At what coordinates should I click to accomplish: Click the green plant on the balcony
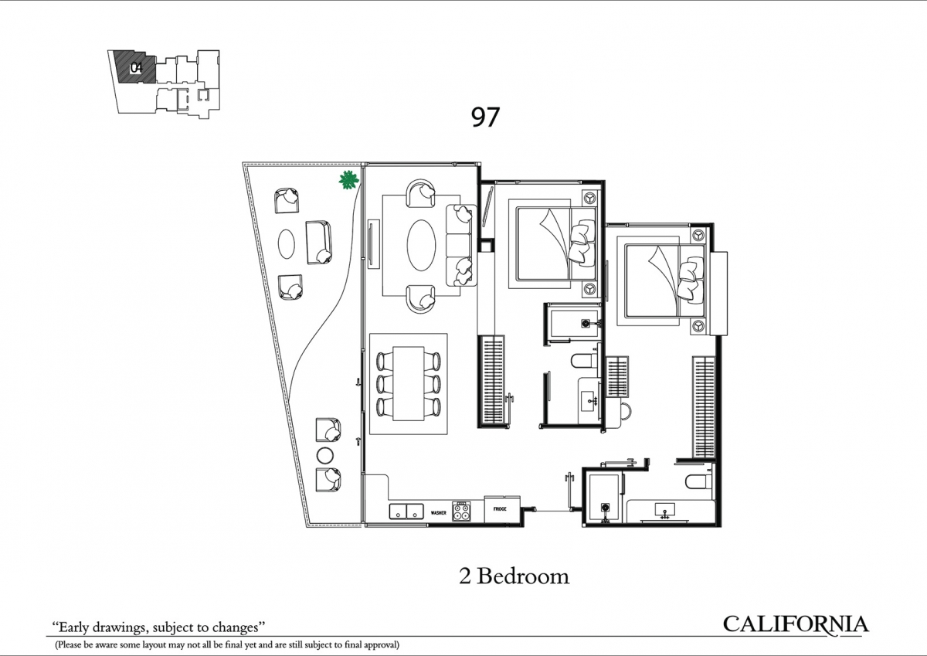pos(348,180)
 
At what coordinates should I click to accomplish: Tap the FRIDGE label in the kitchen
pos(500,508)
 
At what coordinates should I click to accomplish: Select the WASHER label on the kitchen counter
pos(439,513)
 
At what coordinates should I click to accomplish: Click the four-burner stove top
pos(461,511)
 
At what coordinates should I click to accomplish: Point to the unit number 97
pos(485,117)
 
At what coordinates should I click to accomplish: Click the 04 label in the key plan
pos(136,67)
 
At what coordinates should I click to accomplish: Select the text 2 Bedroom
pos(514,576)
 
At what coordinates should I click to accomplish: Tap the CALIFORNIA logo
pos(796,624)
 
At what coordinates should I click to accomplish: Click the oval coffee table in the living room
pos(421,245)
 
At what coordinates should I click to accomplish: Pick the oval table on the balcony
pos(287,244)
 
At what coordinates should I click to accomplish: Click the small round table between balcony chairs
pos(325,456)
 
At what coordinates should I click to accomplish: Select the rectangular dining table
pos(409,383)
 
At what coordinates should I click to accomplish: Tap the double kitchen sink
pos(406,512)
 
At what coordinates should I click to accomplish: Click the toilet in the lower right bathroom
pos(698,481)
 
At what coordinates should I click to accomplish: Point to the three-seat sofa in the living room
pos(460,246)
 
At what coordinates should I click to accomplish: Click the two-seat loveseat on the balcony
pos(318,243)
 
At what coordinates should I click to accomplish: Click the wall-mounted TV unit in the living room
pos(371,243)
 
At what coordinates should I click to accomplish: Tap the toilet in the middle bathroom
pos(584,361)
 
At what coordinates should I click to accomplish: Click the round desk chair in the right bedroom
pos(626,411)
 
